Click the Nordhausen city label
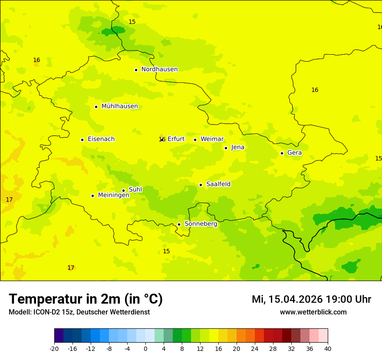[159, 69]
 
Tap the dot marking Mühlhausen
[96, 107]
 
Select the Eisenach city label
[101, 139]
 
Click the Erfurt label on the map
[176, 139]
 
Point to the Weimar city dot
[195, 140]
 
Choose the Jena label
[237, 147]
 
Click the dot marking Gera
[282, 153]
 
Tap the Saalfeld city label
[218, 184]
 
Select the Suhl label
[135, 190]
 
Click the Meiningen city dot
[92, 196]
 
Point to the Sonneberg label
[201, 224]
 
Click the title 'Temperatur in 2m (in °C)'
[86, 299]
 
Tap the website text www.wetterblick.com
[313, 312]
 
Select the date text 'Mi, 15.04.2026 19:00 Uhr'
[311, 299]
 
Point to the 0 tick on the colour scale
[145, 348]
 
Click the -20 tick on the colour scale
[54, 348]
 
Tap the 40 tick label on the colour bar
[328, 348]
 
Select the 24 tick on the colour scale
[255, 348]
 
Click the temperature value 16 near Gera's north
[315, 90]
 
